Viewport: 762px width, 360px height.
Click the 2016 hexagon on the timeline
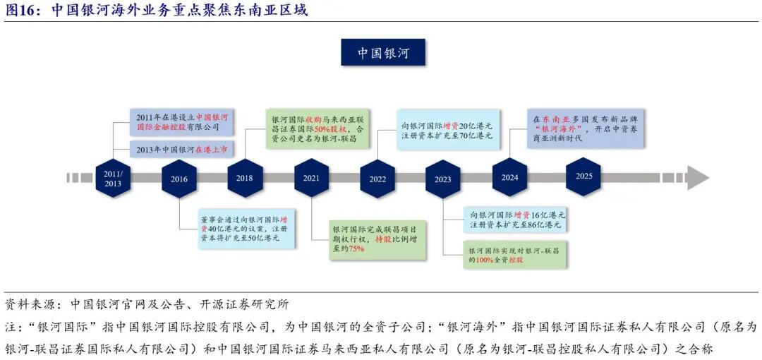(179, 179)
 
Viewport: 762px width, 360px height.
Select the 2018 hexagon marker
(245, 178)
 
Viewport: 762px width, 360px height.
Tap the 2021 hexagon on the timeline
(311, 178)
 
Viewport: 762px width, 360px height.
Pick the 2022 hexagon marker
(377, 179)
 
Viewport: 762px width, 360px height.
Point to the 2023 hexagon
(442, 179)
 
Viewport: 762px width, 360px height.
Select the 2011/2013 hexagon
(113, 178)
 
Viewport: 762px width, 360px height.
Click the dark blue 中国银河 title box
(382, 53)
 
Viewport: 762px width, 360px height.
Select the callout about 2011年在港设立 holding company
(183, 122)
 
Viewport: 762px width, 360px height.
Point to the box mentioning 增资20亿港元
(446, 125)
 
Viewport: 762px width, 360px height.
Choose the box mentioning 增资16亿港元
(515, 220)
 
